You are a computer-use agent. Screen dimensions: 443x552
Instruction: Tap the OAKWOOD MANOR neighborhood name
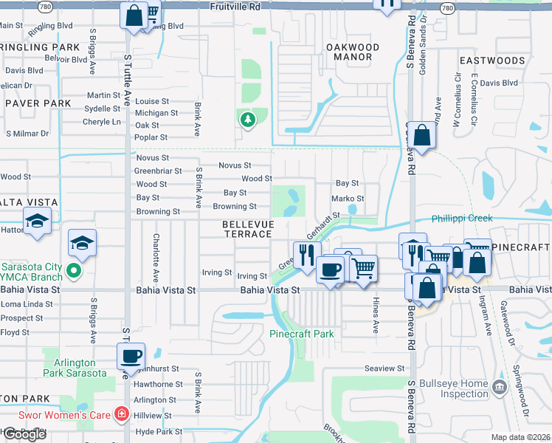click(353, 52)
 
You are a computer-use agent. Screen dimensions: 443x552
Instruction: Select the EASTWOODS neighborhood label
click(491, 60)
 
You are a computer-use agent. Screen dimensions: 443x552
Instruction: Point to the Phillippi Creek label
click(461, 219)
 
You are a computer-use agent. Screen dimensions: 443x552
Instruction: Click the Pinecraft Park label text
click(301, 334)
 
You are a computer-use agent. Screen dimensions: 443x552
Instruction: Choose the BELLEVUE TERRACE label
click(248, 229)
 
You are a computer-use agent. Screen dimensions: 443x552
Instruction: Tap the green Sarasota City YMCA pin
click(74, 272)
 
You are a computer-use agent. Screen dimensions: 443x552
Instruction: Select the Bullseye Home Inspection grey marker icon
click(500, 386)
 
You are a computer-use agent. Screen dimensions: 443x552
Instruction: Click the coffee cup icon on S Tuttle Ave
click(131, 356)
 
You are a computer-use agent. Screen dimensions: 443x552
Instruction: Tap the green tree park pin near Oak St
click(247, 119)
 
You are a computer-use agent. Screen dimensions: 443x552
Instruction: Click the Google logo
click(24, 434)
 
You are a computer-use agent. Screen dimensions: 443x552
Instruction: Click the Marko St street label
click(348, 199)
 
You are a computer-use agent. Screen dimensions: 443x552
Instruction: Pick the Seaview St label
click(384, 368)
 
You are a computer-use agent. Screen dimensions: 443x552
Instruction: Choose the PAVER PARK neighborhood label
click(38, 103)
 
